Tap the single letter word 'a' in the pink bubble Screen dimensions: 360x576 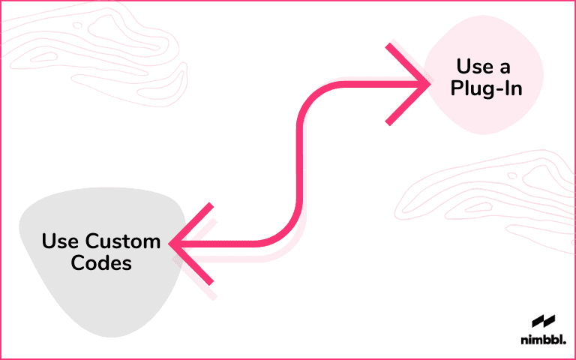click(506, 67)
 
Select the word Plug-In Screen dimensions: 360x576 click(484, 88)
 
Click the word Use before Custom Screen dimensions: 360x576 click(56, 241)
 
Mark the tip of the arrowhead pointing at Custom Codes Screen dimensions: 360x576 click(172, 243)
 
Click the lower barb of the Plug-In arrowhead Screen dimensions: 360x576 click(406, 106)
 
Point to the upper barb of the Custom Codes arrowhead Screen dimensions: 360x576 click(193, 223)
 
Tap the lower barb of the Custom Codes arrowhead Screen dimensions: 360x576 click(193, 264)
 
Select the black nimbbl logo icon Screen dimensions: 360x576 click(542, 322)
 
